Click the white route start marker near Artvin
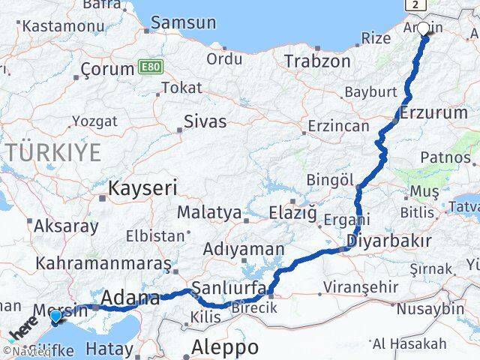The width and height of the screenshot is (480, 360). (x=423, y=29)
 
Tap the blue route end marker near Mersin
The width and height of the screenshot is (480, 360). (x=55, y=318)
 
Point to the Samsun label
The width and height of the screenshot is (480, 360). (x=183, y=22)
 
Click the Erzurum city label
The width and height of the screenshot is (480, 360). (x=434, y=112)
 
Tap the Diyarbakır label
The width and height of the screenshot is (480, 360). (x=388, y=241)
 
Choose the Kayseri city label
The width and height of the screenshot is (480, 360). (x=143, y=187)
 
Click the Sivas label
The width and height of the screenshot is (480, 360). (x=205, y=121)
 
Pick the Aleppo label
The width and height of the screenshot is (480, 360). (x=225, y=347)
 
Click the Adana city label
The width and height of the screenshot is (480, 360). (x=130, y=298)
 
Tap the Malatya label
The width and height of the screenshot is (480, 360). (x=209, y=214)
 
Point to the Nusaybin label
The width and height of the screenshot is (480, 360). (x=430, y=307)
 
